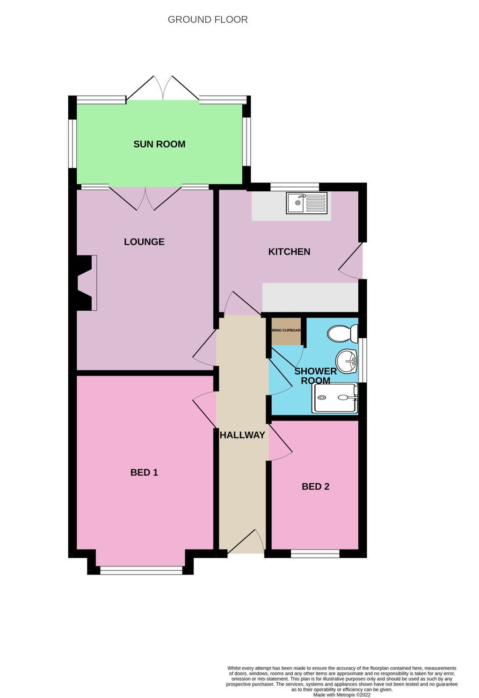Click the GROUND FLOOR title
208,20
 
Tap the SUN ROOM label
160,144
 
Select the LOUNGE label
144,242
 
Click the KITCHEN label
289,252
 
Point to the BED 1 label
144,473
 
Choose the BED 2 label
315,487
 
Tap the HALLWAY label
242,435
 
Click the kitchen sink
307,203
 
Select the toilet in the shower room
342,334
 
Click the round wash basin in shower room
347,361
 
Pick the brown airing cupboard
286,331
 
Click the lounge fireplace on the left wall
85,283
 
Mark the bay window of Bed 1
141,570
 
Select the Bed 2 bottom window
315,554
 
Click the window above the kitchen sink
295,187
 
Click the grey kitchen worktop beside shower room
310,297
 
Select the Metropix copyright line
341,695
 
